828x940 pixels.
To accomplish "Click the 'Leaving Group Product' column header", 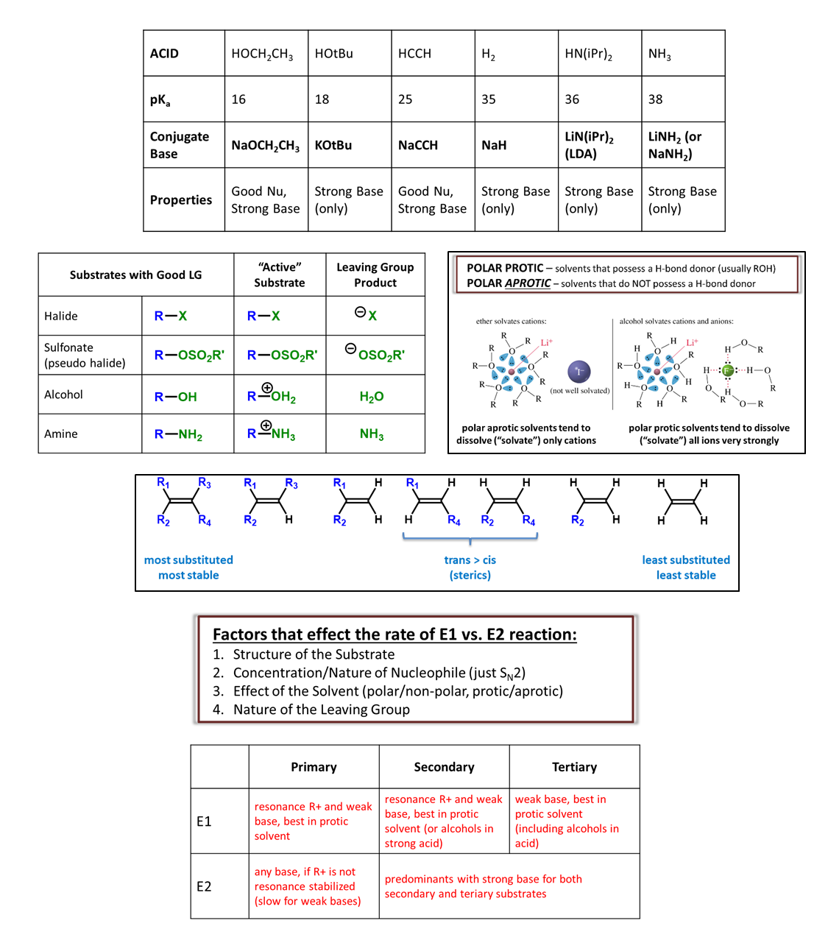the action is pos(375,275).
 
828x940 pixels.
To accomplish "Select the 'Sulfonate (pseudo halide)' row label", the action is pos(85,355).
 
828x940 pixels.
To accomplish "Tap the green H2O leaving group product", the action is pos(372,397).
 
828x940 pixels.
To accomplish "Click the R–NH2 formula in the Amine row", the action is pos(178,434).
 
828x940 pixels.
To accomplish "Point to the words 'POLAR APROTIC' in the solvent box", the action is pos(509,283).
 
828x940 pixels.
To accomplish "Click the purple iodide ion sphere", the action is pos(579,372).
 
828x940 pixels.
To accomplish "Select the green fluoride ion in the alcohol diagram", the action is pos(728,370).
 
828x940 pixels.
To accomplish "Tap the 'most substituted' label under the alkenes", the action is pos(188,560).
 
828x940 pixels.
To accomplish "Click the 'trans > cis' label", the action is pos(470,560).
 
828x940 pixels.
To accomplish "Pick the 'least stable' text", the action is pos(686,576).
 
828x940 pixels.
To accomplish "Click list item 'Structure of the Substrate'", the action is pos(314,654).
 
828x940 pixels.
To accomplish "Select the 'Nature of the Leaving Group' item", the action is pos(322,710).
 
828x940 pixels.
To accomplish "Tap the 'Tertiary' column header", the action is pos(574,767).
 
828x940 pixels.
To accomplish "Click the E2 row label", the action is pos(204,886).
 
